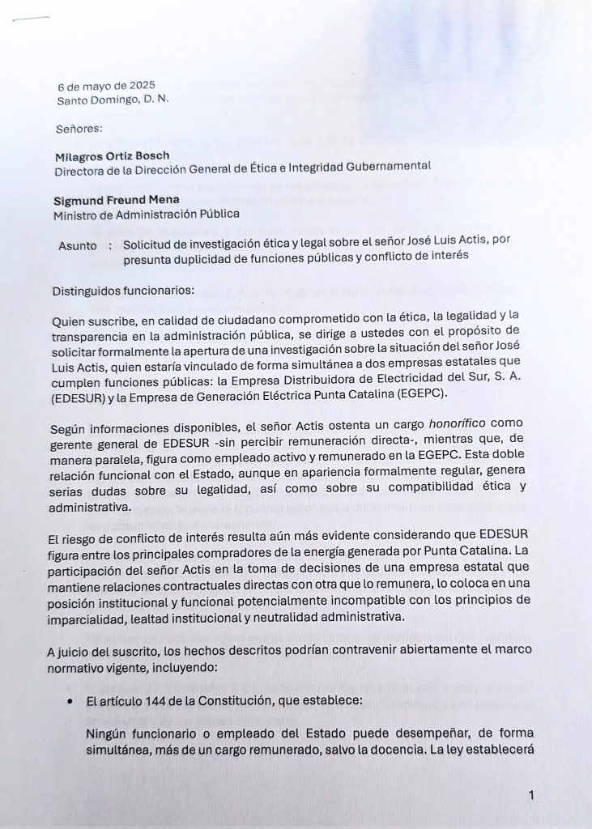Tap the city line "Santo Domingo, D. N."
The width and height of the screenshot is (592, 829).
click(x=113, y=100)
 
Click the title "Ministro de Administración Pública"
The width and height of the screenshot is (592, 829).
click(x=147, y=215)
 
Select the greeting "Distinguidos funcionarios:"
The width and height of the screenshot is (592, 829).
click(x=123, y=289)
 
